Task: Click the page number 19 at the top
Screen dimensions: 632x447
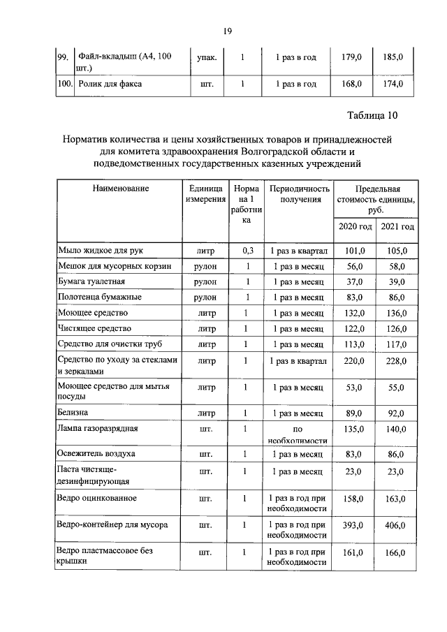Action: click(x=227, y=31)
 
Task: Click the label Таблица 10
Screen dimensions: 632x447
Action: click(x=372, y=115)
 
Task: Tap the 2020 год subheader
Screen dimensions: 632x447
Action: click(x=356, y=227)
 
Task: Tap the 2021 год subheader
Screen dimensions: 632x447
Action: click(x=397, y=227)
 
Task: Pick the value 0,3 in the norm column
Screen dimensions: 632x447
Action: click(x=247, y=250)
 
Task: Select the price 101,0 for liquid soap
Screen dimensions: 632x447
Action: click(x=356, y=250)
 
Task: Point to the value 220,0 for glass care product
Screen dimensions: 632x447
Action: click(x=356, y=360)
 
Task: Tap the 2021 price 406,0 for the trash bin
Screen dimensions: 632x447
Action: click(x=397, y=524)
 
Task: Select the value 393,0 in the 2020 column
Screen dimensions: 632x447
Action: click(x=356, y=524)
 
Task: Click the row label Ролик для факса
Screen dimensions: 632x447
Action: click(x=110, y=84)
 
